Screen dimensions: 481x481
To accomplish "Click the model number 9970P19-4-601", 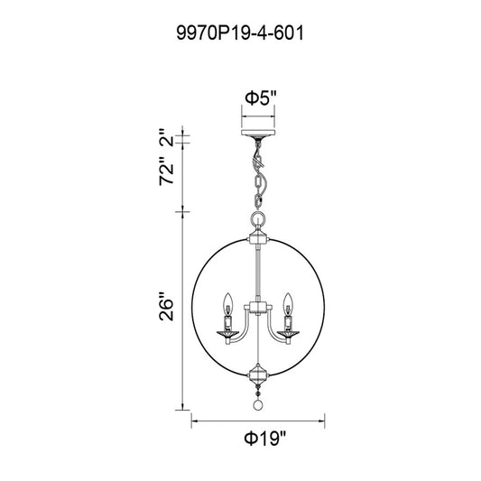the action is tap(240, 32).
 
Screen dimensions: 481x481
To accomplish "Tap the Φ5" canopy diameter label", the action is tap(261, 98).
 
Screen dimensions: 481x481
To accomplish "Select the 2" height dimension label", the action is tap(167, 138).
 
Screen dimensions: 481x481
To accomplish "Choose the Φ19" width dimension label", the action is tap(265, 439).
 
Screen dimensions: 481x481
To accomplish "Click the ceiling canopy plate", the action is tap(258, 133).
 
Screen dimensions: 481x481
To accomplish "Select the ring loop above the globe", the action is tap(258, 218).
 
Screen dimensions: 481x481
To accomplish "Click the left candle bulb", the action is tap(227, 302).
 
